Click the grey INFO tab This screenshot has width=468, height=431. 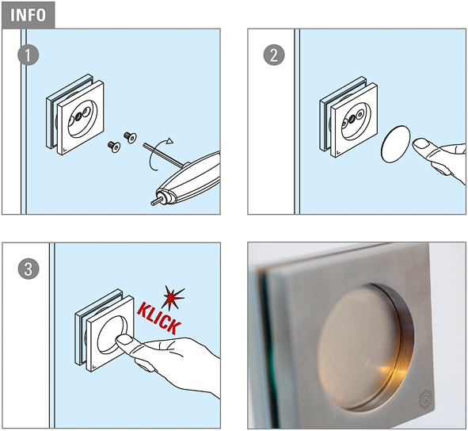click(x=28, y=15)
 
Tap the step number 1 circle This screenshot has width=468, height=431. click(x=28, y=55)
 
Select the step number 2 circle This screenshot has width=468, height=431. click(x=274, y=55)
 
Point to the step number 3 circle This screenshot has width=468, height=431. click(x=29, y=269)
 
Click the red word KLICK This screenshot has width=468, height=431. click(x=159, y=318)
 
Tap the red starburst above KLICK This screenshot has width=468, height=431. click(x=173, y=297)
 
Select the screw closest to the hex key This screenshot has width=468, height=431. click(x=130, y=137)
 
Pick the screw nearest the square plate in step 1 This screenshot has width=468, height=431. click(x=114, y=147)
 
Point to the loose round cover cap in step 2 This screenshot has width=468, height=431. click(x=395, y=144)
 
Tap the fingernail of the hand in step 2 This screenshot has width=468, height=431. click(x=420, y=143)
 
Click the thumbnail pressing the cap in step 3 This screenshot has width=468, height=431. click(x=125, y=339)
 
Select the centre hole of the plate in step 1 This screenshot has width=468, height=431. click(x=79, y=116)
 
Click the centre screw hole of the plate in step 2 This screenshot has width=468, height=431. click(x=352, y=119)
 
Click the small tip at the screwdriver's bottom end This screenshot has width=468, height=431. click(x=155, y=201)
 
